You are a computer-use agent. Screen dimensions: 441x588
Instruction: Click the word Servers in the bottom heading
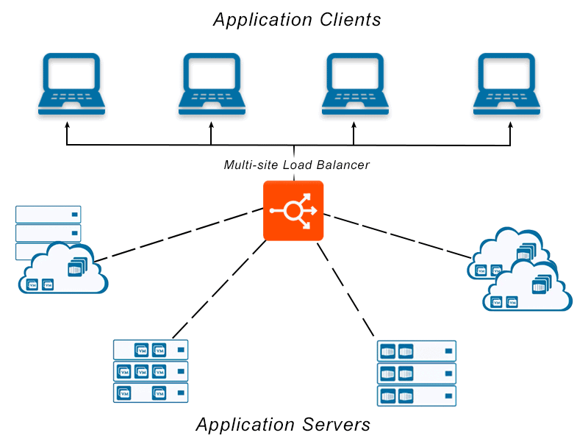[x=335, y=424]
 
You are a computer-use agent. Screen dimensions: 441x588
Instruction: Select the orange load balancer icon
[x=293, y=210]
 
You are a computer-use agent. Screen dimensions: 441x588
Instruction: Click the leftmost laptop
[x=71, y=83]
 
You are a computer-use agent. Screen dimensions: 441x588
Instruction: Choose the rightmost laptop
[x=510, y=83]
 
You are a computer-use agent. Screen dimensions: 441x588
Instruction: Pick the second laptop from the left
[x=212, y=83]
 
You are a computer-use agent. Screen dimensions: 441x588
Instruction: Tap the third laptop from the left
[x=355, y=83]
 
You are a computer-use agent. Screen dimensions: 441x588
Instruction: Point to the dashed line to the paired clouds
[x=397, y=235]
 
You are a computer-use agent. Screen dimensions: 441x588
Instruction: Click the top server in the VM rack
[x=151, y=349]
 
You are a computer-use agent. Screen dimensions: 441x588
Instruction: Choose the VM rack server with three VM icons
[x=151, y=371]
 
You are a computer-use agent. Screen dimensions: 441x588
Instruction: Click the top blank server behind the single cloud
[x=49, y=215]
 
